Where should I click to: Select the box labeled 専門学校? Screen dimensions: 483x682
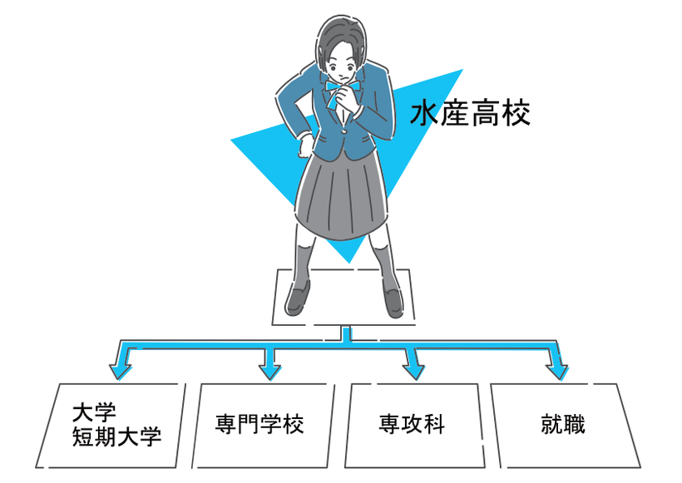pos(259,424)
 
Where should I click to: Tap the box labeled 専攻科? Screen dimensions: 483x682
pos(411,424)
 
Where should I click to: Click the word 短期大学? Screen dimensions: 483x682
pos(116,436)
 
